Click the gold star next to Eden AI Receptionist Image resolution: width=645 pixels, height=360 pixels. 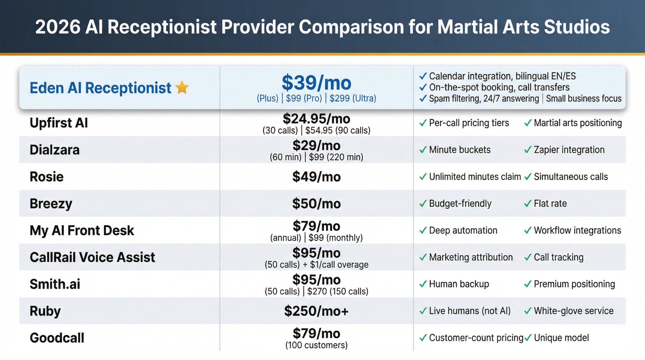pyautogui.click(x=182, y=87)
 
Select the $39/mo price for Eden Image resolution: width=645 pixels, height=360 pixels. pyautogui.click(x=316, y=83)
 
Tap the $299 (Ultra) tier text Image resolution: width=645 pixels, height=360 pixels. pyautogui.click(x=353, y=98)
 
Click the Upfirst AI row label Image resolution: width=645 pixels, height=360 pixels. pyautogui.click(x=59, y=123)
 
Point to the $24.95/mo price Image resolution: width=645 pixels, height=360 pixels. pyautogui.click(x=316, y=119)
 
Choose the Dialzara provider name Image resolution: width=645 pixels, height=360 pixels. pyautogui.click(x=55, y=150)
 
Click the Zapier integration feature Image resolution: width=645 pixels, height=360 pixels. pyautogui.click(x=569, y=150)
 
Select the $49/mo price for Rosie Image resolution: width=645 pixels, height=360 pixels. pyautogui.click(x=316, y=177)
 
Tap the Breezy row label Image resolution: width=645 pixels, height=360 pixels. pyautogui.click(x=51, y=204)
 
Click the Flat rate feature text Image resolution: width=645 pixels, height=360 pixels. pyautogui.click(x=550, y=204)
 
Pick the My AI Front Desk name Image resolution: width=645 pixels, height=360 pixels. pyautogui.click(x=82, y=230)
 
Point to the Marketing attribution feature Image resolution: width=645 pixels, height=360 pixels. pyautogui.click(x=471, y=257)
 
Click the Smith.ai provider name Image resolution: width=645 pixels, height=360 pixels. pyautogui.click(x=55, y=284)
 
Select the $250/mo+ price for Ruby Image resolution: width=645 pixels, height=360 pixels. pyautogui.click(x=316, y=311)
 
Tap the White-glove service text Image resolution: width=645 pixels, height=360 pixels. pyautogui.click(x=573, y=311)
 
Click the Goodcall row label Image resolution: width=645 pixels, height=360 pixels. pyautogui.click(x=57, y=338)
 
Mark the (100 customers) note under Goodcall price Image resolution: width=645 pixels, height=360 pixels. pyautogui.click(x=316, y=345)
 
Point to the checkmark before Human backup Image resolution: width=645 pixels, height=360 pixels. pyautogui.click(x=423, y=284)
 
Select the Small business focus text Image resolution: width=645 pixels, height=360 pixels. pyautogui.click(x=584, y=98)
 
